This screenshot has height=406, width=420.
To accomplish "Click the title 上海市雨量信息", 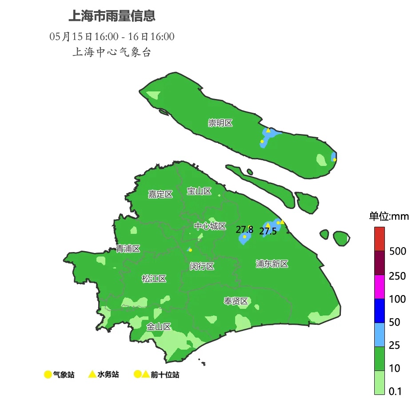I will (x=112, y=17).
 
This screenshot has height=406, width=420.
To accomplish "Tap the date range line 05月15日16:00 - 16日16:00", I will (x=112, y=36).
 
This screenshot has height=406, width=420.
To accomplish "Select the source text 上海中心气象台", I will (x=112, y=52).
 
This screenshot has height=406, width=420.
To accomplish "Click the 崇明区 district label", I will (x=220, y=123).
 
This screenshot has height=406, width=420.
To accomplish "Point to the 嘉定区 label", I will (x=160, y=194).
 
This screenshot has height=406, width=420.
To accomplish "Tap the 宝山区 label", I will (x=199, y=191).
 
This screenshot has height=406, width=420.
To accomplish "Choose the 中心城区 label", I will (x=210, y=226).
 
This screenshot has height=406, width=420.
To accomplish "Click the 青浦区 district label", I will (x=128, y=248).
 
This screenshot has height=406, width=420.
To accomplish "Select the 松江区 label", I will (x=154, y=279).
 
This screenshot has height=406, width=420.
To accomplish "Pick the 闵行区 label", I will (x=202, y=266).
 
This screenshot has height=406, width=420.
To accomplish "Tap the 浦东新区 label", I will (x=272, y=264).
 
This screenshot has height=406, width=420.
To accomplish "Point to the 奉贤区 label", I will (x=236, y=301).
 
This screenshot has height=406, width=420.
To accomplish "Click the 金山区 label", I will (x=159, y=327).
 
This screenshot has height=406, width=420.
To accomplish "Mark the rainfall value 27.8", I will (x=244, y=229).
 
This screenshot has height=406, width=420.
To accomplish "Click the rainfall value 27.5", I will (x=268, y=231).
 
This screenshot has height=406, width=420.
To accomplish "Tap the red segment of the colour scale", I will (x=379, y=239).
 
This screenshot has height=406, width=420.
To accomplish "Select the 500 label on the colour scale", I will (x=397, y=251).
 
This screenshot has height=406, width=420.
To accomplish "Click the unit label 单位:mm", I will (x=389, y=217).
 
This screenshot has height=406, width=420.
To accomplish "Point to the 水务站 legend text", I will (x=108, y=374).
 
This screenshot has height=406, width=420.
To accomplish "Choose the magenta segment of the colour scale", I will (x=379, y=287).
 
